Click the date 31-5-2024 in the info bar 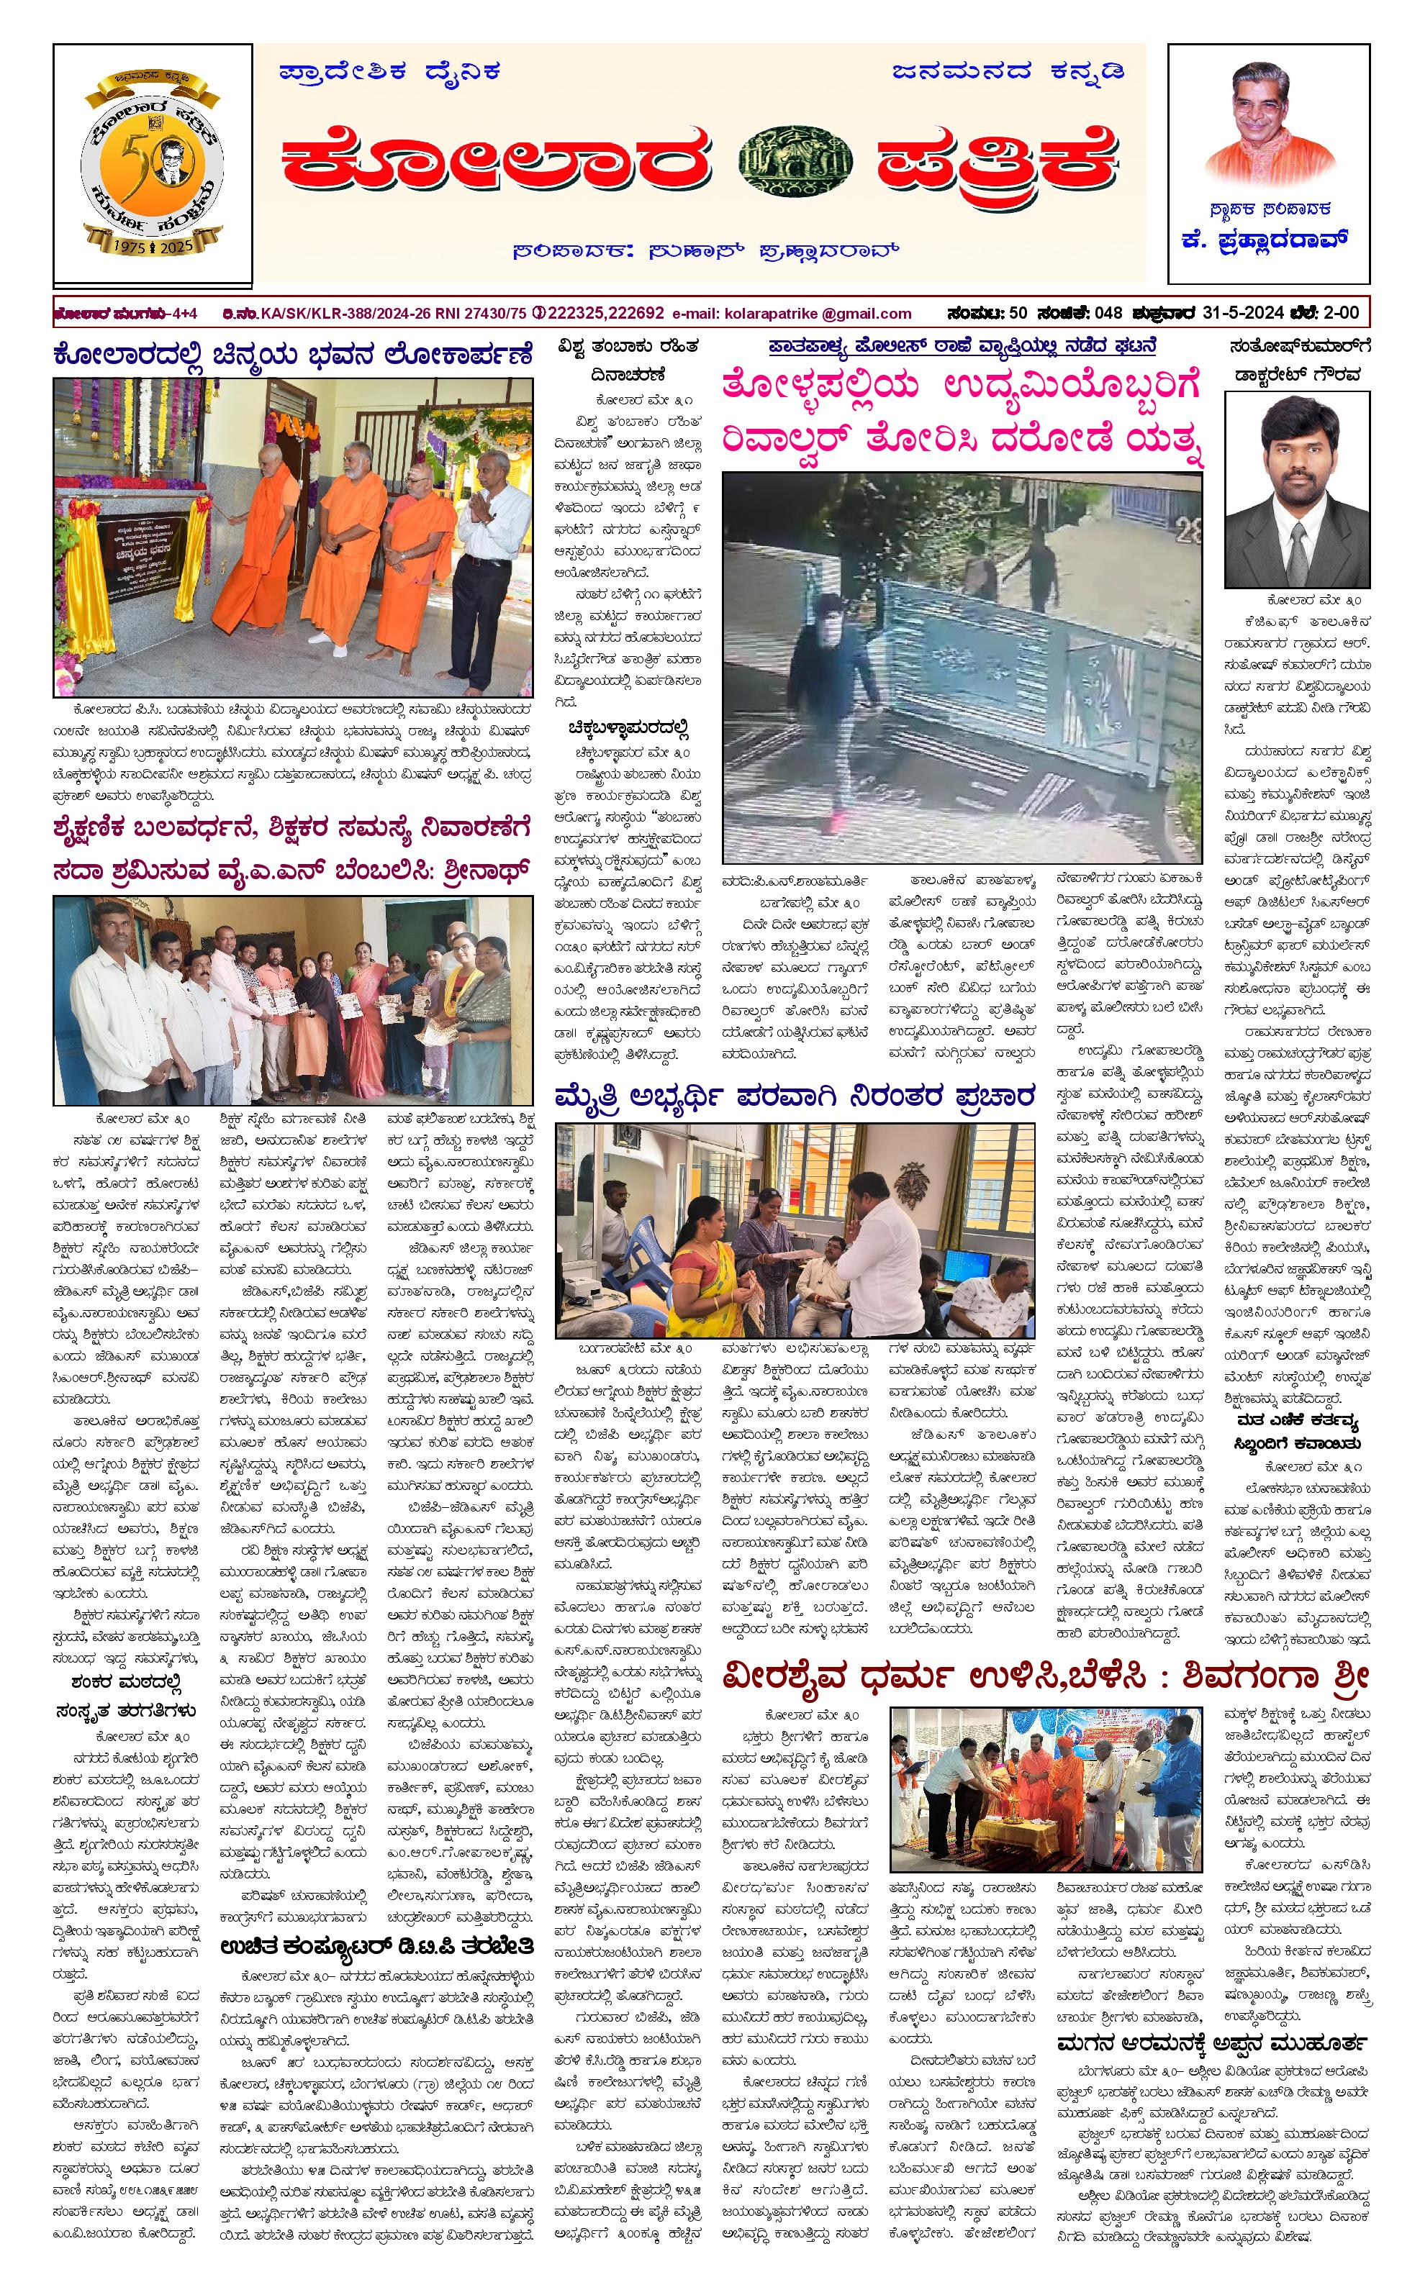tap(1243, 313)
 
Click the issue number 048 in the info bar tap(1108, 313)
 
